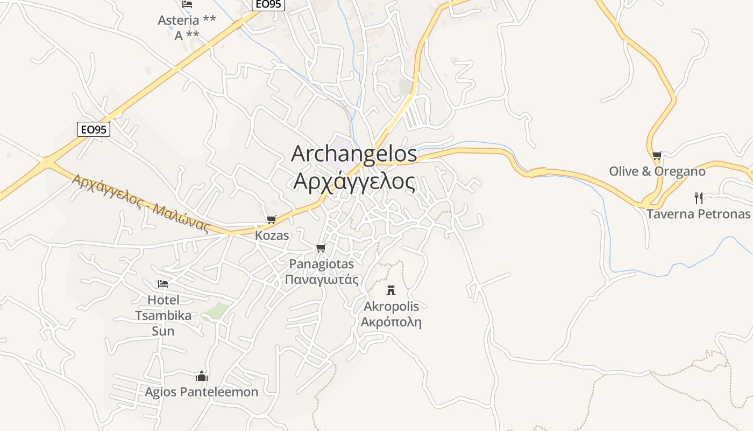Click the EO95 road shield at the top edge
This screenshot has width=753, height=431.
point(268,5)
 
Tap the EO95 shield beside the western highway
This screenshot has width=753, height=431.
point(94,129)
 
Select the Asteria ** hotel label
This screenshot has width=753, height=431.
point(187,20)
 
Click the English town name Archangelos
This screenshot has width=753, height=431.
point(354,154)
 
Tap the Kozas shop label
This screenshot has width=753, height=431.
point(272,235)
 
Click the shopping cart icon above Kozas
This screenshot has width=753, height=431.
point(271,220)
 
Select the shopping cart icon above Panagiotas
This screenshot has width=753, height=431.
point(321,248)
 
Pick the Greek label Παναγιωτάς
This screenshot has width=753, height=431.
point(321,279)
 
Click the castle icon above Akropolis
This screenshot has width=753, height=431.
point(391,291)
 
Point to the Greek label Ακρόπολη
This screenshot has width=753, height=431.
point(391,322)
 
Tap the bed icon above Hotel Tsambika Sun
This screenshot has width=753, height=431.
point(163,283)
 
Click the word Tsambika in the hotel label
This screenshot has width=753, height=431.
point(163,315)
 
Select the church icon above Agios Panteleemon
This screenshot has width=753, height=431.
point(202,376)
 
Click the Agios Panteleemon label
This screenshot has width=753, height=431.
point(202,392)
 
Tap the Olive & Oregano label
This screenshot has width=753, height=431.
point(657,171)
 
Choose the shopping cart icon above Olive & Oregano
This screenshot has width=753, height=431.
point(657,156)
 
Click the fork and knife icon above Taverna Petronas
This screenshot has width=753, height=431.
point(698,198)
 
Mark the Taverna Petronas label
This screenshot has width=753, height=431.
point(698,214)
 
